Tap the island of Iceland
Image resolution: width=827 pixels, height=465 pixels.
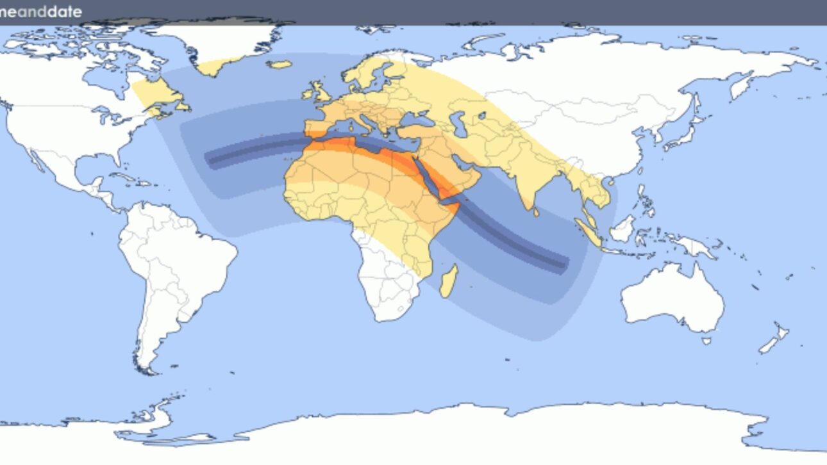pos(280,65)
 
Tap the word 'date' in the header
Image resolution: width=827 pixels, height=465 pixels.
pos(65,12)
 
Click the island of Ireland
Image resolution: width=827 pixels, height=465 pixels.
pos(306,95)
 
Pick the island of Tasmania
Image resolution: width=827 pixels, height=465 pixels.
pos(706,340)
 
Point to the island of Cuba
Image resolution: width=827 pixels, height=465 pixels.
pos(126,177)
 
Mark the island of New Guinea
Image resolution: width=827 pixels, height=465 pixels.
pos(692,247)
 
